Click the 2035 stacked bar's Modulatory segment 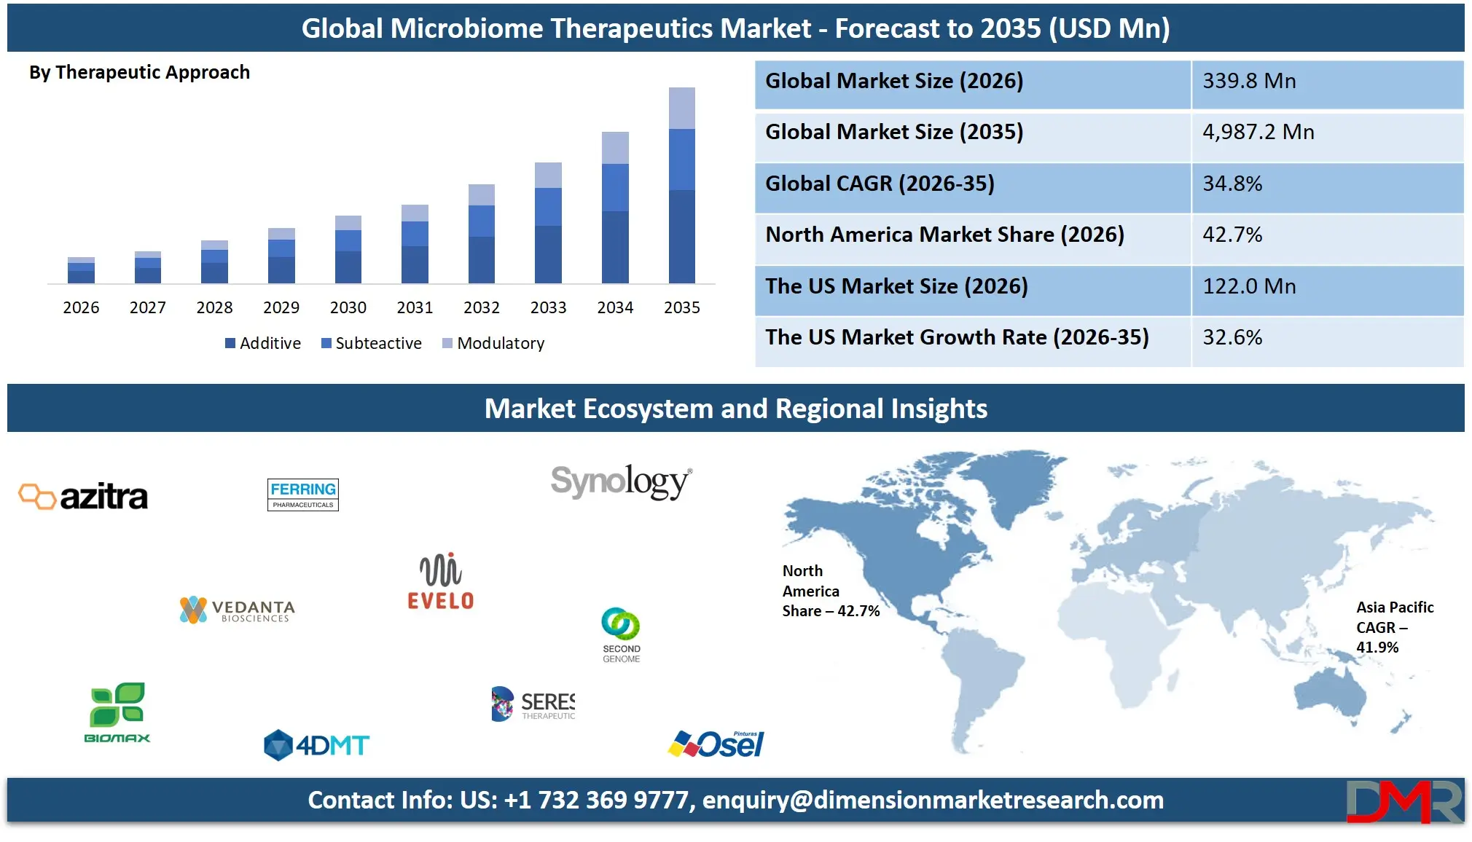tap(681, 108)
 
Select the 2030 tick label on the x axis tap(348, 307)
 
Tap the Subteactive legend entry tap(372, 343)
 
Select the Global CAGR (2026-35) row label tap(880, 184)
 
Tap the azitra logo tap(83, 497)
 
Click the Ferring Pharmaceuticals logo tap(303, 495)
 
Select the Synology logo tap(621, 481)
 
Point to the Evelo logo tap(440, 581)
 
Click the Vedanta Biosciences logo tap(238, 610)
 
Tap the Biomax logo tap(117, 713)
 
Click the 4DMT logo tap(316, 745)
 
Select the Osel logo tap(716, 744)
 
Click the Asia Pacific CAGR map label tap(1394, 627)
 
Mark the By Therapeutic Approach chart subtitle tap(139, 72)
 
